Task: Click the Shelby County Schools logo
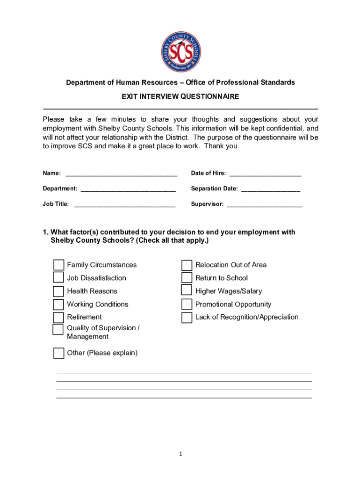[x=180, y=52]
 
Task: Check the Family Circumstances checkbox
[x=58, y=265]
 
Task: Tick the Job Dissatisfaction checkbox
[x=58, y=278]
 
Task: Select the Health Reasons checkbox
[x=58, y=291]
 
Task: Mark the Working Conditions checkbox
[x=58, y=305]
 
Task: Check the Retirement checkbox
[x=58, y=318]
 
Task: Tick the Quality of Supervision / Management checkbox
[x=58, y=329]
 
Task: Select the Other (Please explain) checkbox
[x=58, y=353]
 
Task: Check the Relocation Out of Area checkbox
[x=187, y=265]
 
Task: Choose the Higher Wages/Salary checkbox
[x=187, y=290]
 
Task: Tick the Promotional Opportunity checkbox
[x=187, y=305]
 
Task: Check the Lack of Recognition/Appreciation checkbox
[x=187, y=318]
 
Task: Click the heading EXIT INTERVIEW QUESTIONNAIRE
[x=180, y=96]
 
